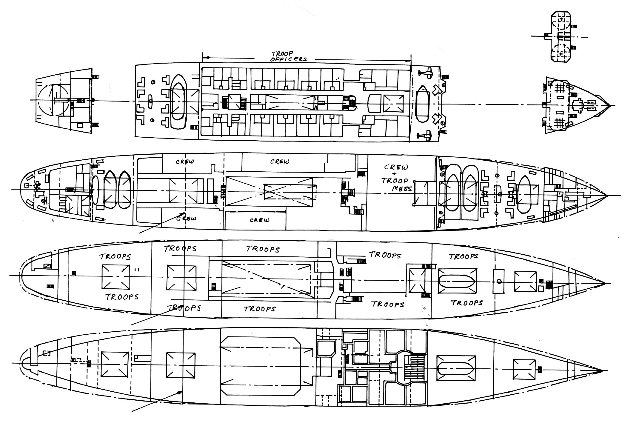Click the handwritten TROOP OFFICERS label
point(288,56)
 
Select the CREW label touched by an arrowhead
point(186,218)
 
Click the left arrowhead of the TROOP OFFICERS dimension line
point(204,57)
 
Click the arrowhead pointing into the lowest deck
point(181,392)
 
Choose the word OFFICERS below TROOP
point(288,59)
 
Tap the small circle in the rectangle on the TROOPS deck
point(498,282)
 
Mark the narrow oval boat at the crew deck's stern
point(95,190)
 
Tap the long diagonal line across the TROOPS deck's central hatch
point(269,280)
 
